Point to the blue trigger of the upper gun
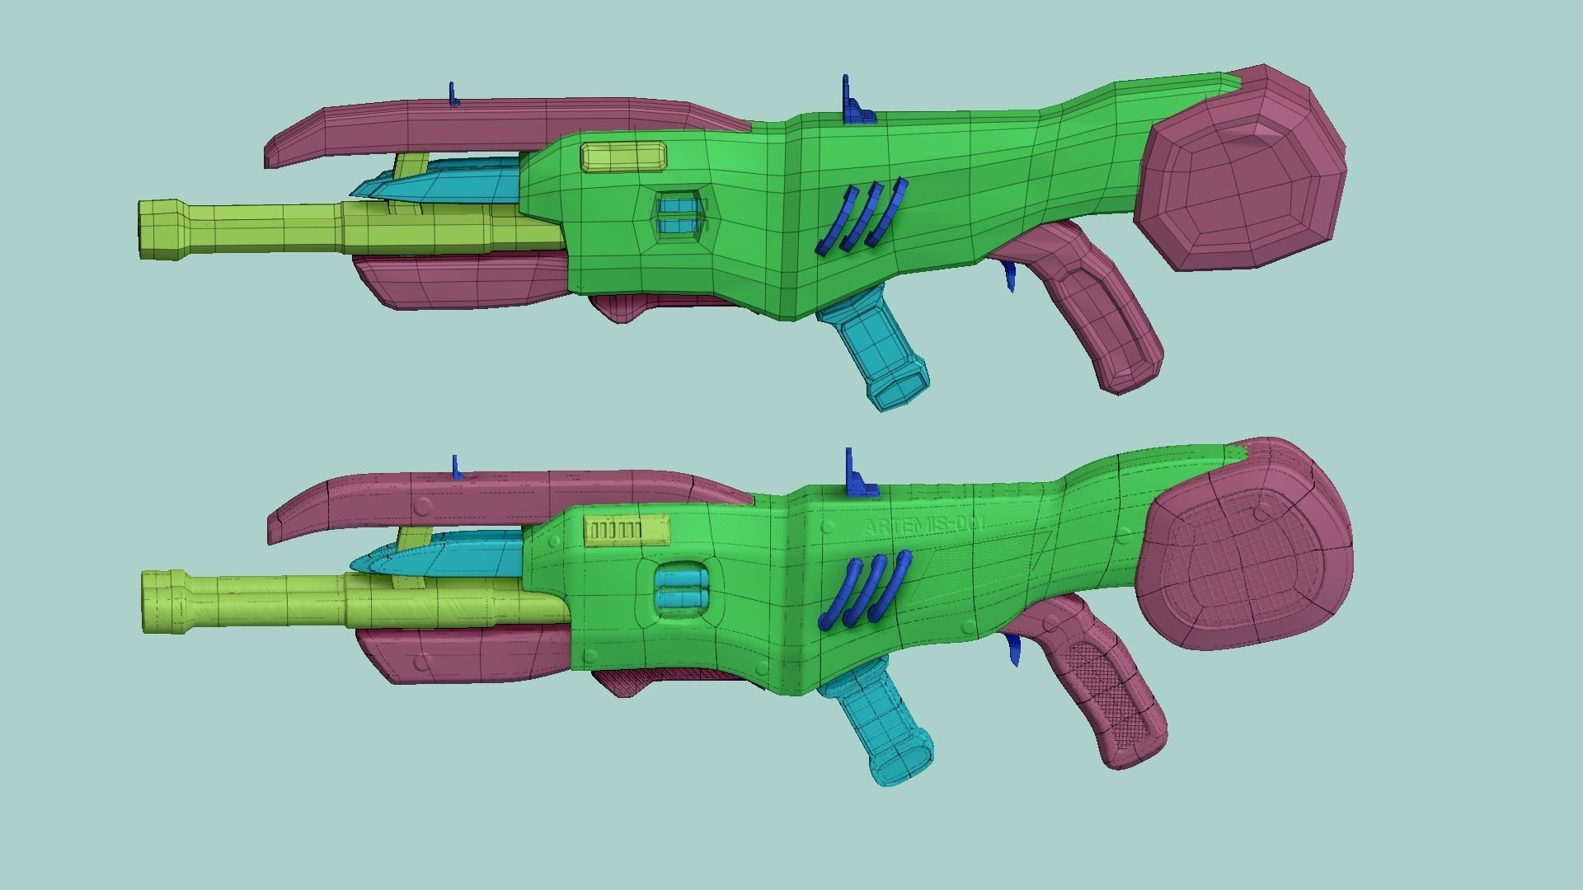coord(1009,276)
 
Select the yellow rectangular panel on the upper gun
coord(623,157)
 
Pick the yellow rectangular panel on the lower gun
coord(627,531)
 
